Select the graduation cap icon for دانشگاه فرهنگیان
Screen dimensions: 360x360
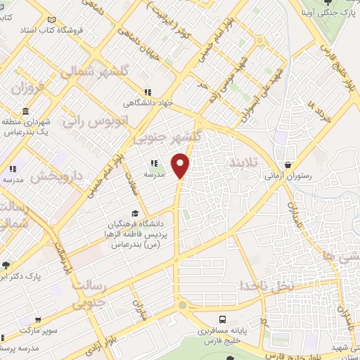134,213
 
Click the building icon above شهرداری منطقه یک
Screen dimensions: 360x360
25,112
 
